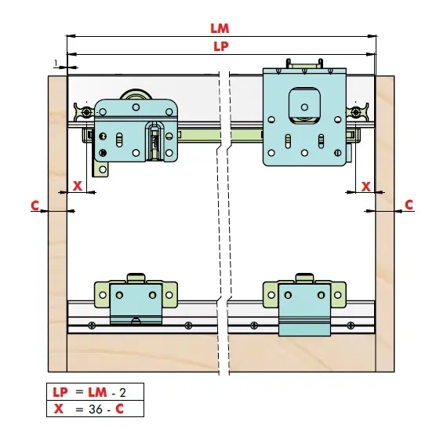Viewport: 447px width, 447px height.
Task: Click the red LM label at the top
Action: pos(220,28)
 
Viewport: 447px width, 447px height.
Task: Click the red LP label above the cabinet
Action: pos(221,46)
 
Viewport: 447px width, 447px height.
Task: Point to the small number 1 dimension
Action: pos(56,64)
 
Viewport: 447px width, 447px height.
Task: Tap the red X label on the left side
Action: pos(78,186)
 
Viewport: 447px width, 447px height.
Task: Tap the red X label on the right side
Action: pos(366,187)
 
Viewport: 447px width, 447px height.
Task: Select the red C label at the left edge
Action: pos(35,205)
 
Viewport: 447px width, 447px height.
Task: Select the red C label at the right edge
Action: pos(409,205)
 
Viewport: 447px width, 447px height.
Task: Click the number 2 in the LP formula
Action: pos(122,393)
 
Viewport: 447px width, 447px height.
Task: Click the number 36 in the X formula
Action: pos(96,409)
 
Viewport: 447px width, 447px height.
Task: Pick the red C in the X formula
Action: pos(120,409)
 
